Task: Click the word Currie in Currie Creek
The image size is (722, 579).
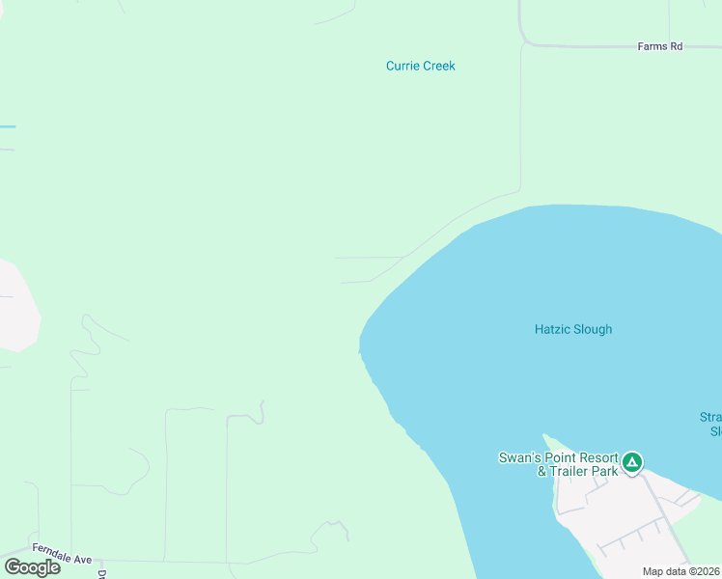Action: click(x=402, y=67)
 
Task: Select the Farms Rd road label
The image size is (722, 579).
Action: click(x=660, y=46)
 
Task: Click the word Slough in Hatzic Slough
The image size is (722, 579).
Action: click(x=593, y=330)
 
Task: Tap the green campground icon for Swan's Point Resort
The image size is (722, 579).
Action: click(x=631, y=462)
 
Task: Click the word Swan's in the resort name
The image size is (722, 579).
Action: click(x=517, y=458)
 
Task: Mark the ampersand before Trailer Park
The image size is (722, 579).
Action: click(x=542, y=472)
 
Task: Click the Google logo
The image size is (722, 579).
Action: click(x=32, y=567)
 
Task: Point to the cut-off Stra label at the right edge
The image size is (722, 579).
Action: click(x=710, y=418)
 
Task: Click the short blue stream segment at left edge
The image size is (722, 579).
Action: click(x=8, y=126)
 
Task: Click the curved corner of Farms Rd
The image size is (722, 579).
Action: click(x=525, y=41)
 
